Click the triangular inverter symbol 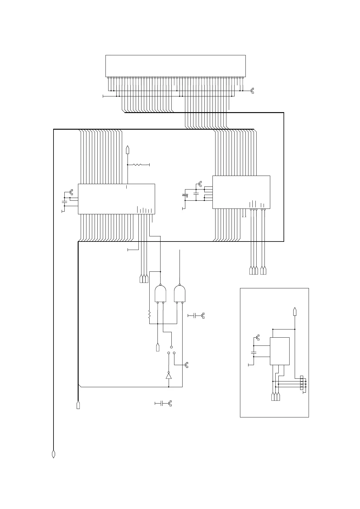tap(169, 376)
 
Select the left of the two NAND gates tap(160, 293)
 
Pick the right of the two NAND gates tap(180, 293)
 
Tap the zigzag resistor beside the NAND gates tap(149, 315)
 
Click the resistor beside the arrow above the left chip tap(138, 165)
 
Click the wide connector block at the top tap(175, 66)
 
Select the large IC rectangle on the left tap(116, 199)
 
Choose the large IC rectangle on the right tap(241, 192)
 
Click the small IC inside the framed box tap(280, 351)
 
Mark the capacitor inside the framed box tap(254, 352)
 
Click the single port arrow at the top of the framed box tap(295, 312)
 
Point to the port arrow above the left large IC tap(128, 150)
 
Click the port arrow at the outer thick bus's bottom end tap(54, 454)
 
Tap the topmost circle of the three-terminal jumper tap(171, 347)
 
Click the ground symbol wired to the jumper tap(186, 365)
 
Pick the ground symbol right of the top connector tap(252, 90)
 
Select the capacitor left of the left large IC tap(64, 201)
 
